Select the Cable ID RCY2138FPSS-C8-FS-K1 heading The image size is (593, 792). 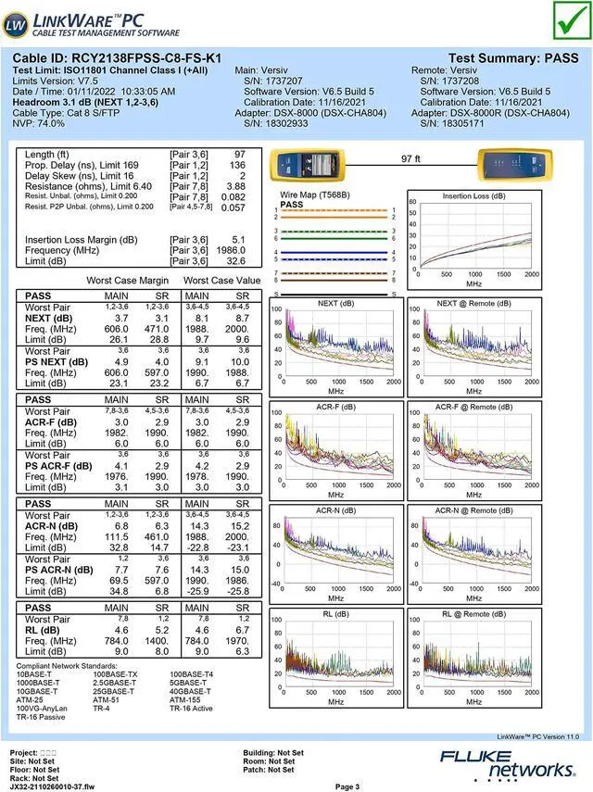pos(117,58)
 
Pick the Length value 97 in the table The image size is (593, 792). pos(239,154)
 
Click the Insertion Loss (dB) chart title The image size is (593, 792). pos(473,196)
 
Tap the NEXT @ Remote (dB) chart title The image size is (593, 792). pos(473,303)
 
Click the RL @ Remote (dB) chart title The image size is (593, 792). pos(473,613)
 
